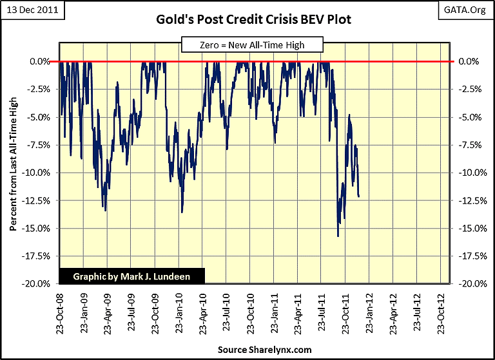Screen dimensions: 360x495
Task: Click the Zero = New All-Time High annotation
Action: pyautogui.click(x=251, y=44)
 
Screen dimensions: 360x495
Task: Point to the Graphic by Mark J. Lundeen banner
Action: pyautogui.click(x=132, y=276)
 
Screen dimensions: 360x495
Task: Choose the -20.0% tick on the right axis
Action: pyautogui.click(x=468, y=283)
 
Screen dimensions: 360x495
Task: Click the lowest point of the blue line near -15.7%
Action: pyautogui.click(x=338, y=236)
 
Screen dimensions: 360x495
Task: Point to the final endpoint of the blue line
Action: pyautogui.click(x=358, y=196)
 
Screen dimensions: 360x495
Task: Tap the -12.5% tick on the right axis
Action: pyautogui.click(x=468, y=200)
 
